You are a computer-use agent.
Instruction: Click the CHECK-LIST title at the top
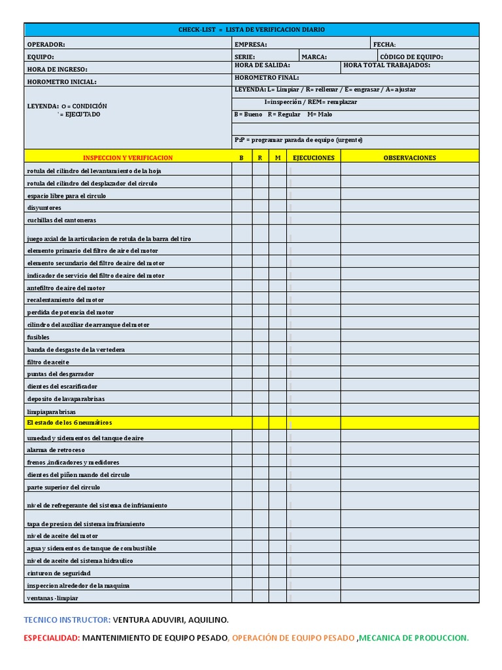(x=252, y=30)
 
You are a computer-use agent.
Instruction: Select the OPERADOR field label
(x=46, y=44)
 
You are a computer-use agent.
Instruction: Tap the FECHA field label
(x=385, y=44)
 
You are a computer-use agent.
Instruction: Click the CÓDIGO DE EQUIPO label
(x=411, y=57)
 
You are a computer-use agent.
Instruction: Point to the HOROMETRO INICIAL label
(x=61, y=82)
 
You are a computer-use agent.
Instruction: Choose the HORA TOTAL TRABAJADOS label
(x=386, y=65)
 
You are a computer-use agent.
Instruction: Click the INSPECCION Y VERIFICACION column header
(x=127, y=158)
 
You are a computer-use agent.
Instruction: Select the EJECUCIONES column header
(x=313, y=158)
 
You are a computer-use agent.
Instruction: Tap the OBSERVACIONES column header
(x=409, y=158)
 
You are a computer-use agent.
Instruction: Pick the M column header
(x=277, y=158)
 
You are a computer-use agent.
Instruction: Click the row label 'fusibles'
(x=38, y=337)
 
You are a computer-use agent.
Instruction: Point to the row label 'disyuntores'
(x=44, y=207)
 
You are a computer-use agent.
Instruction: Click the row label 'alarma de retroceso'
(x=56, y=450)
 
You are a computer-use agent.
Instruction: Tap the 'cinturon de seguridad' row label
(x=58, y=573)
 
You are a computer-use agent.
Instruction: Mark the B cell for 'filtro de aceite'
(x=242, y=362)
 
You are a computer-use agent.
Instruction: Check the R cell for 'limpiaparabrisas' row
(x=260, y=412)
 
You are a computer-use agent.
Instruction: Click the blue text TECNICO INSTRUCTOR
(x=67, y=620)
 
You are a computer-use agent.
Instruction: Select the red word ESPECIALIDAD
(x=52, y=638)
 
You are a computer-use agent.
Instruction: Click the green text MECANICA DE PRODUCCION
(x=414, y=638)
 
